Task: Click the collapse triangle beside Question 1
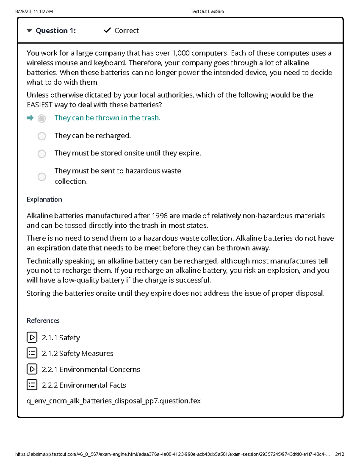coord(29,31)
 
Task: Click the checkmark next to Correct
coord(107,30)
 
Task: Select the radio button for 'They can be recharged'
coord(42,136)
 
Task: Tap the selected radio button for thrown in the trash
coord(42,119)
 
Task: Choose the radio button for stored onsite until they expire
coord(42,154)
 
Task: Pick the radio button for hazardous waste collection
coord(42,176)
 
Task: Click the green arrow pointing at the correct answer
coord(30,118)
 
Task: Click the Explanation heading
coord(44,200)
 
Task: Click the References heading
coord(43,320)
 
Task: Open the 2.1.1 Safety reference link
coord(61,338)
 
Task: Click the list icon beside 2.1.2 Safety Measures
coord(32,353)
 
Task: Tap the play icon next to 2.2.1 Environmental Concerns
coord(32,369)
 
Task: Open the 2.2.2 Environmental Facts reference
coord(84,385)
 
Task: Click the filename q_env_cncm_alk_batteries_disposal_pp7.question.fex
coord(113,401)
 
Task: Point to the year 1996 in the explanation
coord(160,216)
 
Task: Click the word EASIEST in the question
coord(40,105)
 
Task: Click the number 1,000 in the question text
coord(181,53)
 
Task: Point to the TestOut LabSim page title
coord(207,11)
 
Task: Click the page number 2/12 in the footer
coord(339,454)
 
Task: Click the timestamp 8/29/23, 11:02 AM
coord(34,11)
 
